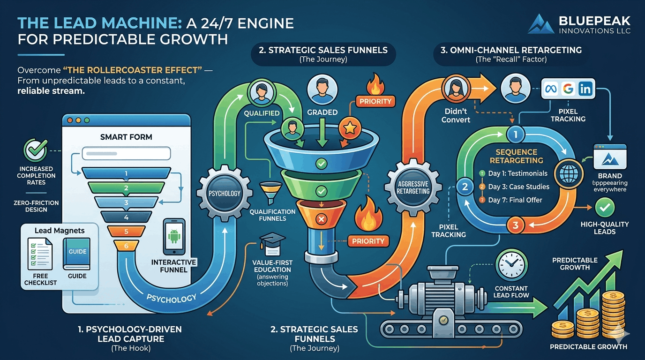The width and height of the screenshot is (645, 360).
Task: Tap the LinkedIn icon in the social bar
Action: (585, 89)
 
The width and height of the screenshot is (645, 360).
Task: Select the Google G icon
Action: (568, 89)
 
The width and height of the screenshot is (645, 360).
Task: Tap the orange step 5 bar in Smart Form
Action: (126, 231)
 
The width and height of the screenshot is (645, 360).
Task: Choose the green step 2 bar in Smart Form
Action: (126, 188)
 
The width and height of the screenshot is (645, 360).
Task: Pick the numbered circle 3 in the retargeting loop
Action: (516, 225)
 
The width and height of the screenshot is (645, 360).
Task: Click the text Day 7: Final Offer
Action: (515, 200)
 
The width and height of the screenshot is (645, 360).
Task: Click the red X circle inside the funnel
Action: (321, 219)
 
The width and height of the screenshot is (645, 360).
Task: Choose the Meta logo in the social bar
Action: (551, 89)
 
